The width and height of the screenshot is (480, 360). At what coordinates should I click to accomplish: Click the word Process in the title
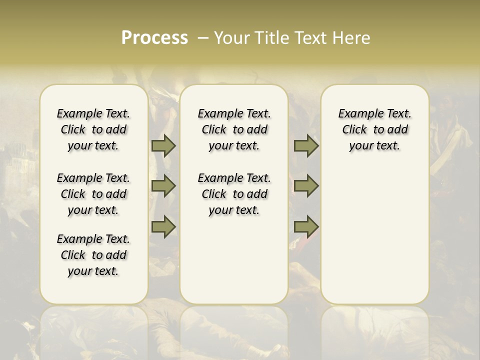coord(154,38)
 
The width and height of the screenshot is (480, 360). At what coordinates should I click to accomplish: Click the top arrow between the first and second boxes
coord(163,146)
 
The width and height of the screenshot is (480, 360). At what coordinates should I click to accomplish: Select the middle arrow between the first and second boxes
coord(163,186)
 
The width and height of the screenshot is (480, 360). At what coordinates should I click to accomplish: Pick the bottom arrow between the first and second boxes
coord(163,226)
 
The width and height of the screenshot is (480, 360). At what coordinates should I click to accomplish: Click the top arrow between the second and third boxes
coord(306,146)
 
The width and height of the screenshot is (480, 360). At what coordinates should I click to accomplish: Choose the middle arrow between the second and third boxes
coord(306,186)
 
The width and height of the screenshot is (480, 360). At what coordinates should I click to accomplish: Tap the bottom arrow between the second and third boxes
coord(306,226)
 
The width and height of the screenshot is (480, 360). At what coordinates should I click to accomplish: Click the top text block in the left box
coord(93,129)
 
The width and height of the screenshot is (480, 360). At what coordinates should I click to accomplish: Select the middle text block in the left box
coord(93,194)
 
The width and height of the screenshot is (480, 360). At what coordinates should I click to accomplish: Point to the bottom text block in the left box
coord(93,255)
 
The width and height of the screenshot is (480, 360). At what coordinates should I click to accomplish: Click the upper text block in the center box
coord(234,129)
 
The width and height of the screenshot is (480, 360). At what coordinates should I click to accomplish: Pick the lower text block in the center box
coord(234,194)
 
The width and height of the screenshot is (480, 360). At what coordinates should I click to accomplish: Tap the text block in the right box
coord(375,129)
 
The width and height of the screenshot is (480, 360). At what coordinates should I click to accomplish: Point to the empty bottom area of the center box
coord(234,265)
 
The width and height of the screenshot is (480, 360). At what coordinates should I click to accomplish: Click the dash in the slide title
coord(203,38)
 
